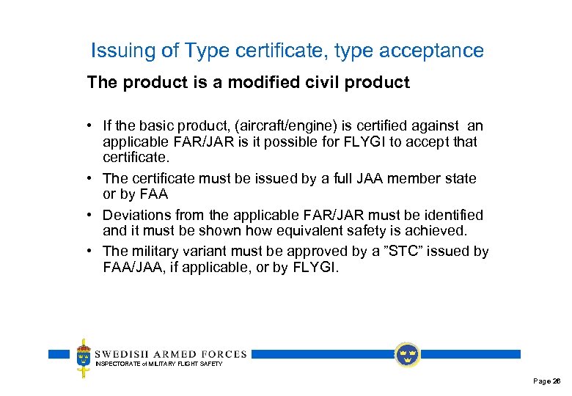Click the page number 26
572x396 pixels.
557,381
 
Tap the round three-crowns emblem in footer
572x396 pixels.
407,354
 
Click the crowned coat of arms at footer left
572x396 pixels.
84,357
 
